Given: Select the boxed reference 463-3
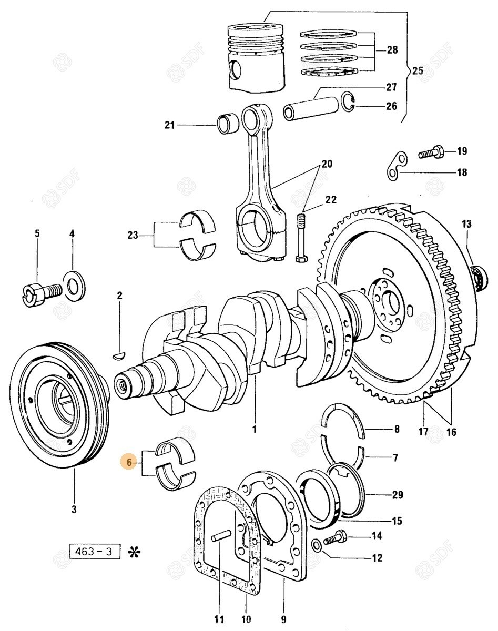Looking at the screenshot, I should tap(95, 552).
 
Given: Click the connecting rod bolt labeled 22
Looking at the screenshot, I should tap(302, 237).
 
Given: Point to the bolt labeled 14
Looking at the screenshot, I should tap(334, 538).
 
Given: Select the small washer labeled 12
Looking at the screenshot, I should tap(316, 544).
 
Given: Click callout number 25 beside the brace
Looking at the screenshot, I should tap(416, 71).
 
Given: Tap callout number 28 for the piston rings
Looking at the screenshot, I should tap(392, 50).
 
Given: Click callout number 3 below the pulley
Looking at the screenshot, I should tap(74, 508).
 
